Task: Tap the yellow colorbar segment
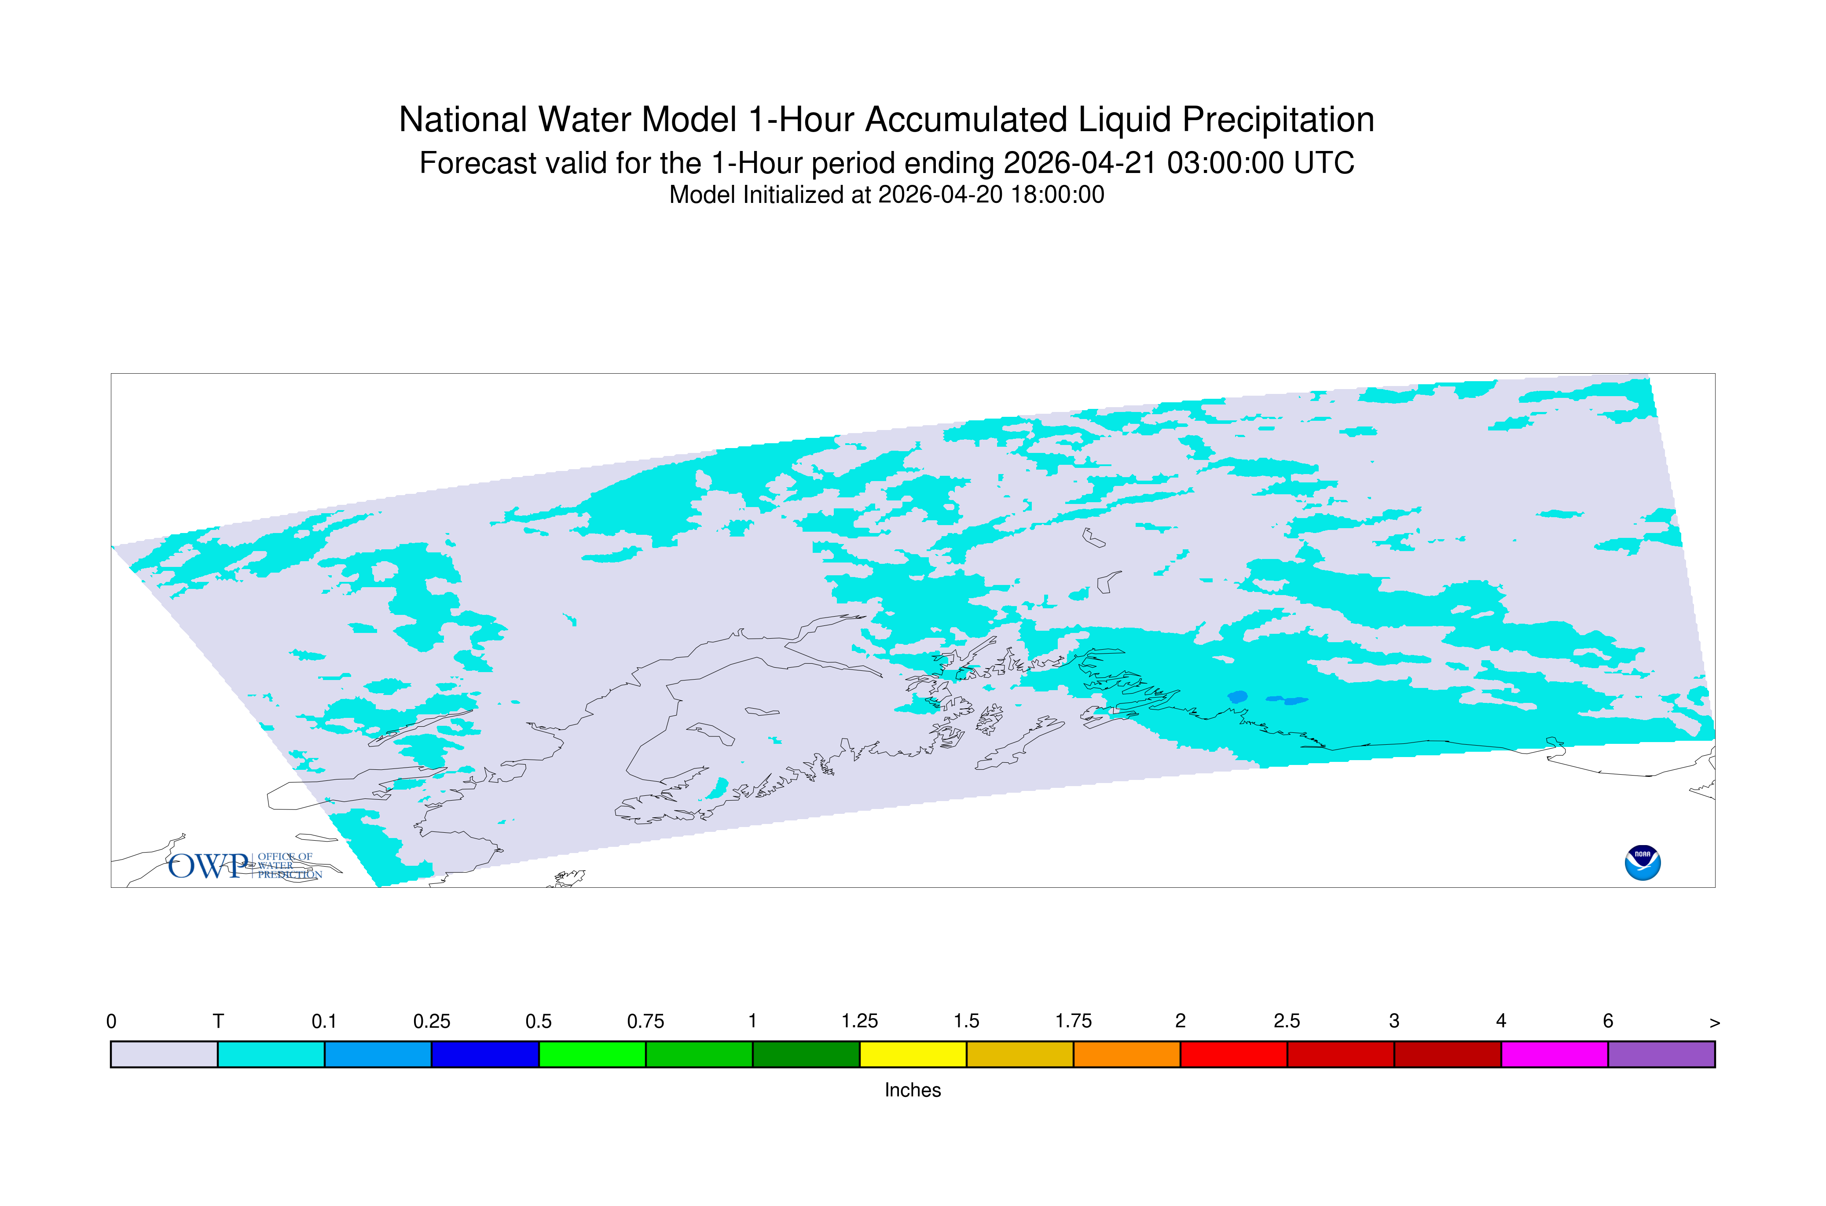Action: click(913, 1055)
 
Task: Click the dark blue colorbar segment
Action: click(485, 1055)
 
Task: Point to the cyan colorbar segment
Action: click(271, 1055)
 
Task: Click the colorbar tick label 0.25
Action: click(432, 1022)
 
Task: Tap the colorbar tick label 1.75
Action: click(1073, 1022)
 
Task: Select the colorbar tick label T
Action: click(218, 1022)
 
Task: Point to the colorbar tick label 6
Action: click(1608, 1022)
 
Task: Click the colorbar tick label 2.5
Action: click(1287, 1022)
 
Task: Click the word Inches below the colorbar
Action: click(913, 1090)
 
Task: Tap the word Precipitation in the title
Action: click(1278, 120)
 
